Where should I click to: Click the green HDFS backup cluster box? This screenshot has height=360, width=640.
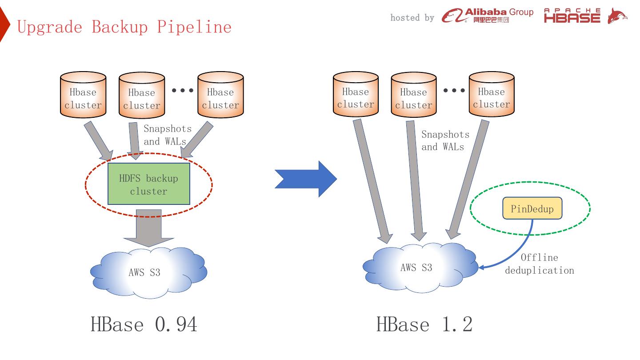coord(148,184)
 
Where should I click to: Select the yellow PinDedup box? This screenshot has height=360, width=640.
coord(532,208)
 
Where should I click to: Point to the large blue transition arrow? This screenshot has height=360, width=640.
coord(307,179)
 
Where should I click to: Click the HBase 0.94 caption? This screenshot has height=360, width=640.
coord(144,324)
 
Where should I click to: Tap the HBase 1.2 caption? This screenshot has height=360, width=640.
coord(424,324)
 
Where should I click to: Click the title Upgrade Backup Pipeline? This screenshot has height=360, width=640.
coord(124,27)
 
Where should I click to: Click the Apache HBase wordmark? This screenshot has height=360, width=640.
coord(572,16)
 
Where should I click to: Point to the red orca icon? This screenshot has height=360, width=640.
coord(617,16)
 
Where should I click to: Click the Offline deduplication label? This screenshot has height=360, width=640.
coord(539,264)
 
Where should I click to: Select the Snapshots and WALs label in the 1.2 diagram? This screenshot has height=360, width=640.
coord(445,140)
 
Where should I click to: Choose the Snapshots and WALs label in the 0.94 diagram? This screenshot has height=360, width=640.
coord(168,135)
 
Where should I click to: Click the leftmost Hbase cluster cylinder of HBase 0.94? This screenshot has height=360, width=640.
coord(83,96)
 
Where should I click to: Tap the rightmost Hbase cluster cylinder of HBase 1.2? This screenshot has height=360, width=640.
coord(491,96)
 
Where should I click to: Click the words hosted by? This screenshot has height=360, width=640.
coord(412,18)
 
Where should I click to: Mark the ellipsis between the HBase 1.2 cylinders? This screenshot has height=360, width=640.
coord(454,90)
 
